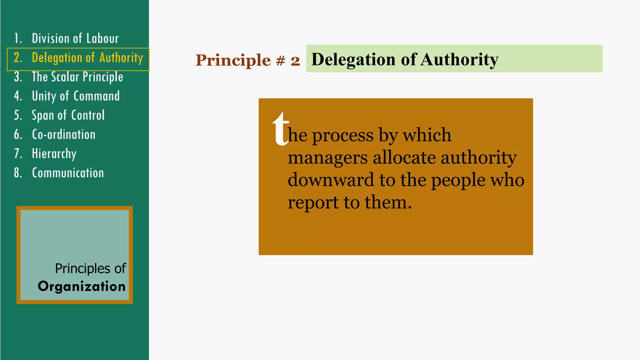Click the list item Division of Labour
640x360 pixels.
[75, 38]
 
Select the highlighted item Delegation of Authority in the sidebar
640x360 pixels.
[87, 58]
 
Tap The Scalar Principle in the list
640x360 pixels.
[77, 77]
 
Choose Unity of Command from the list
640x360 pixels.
[76, 96]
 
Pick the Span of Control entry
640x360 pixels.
[68, 115]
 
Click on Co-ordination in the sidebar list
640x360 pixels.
[63, 135]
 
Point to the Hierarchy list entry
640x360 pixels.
[54, 154]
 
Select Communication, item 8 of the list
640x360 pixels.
[68, 173]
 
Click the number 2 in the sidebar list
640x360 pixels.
[18, 58]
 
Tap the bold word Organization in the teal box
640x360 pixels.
[82, 286]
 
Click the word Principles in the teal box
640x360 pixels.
[82, 268]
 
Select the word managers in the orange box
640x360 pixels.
[327, 157]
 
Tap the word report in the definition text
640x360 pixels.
[313, 202]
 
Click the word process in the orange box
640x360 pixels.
[342, 136]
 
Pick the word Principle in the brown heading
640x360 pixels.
[233, 60]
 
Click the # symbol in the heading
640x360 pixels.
[281, 60]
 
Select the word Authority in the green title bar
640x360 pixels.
[459, 59]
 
